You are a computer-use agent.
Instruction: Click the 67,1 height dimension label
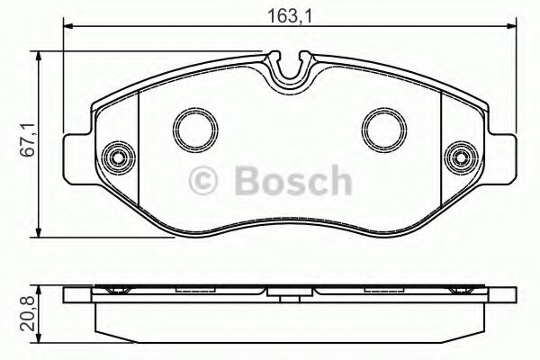click(x=26, y=139)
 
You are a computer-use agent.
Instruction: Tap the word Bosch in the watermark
click(x=291, y=184)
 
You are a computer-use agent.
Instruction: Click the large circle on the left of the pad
click(x=192, y=130)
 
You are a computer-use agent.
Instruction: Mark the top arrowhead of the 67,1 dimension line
click(x=40, y=56)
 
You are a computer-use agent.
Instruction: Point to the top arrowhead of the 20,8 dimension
click(x=40, y=292)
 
